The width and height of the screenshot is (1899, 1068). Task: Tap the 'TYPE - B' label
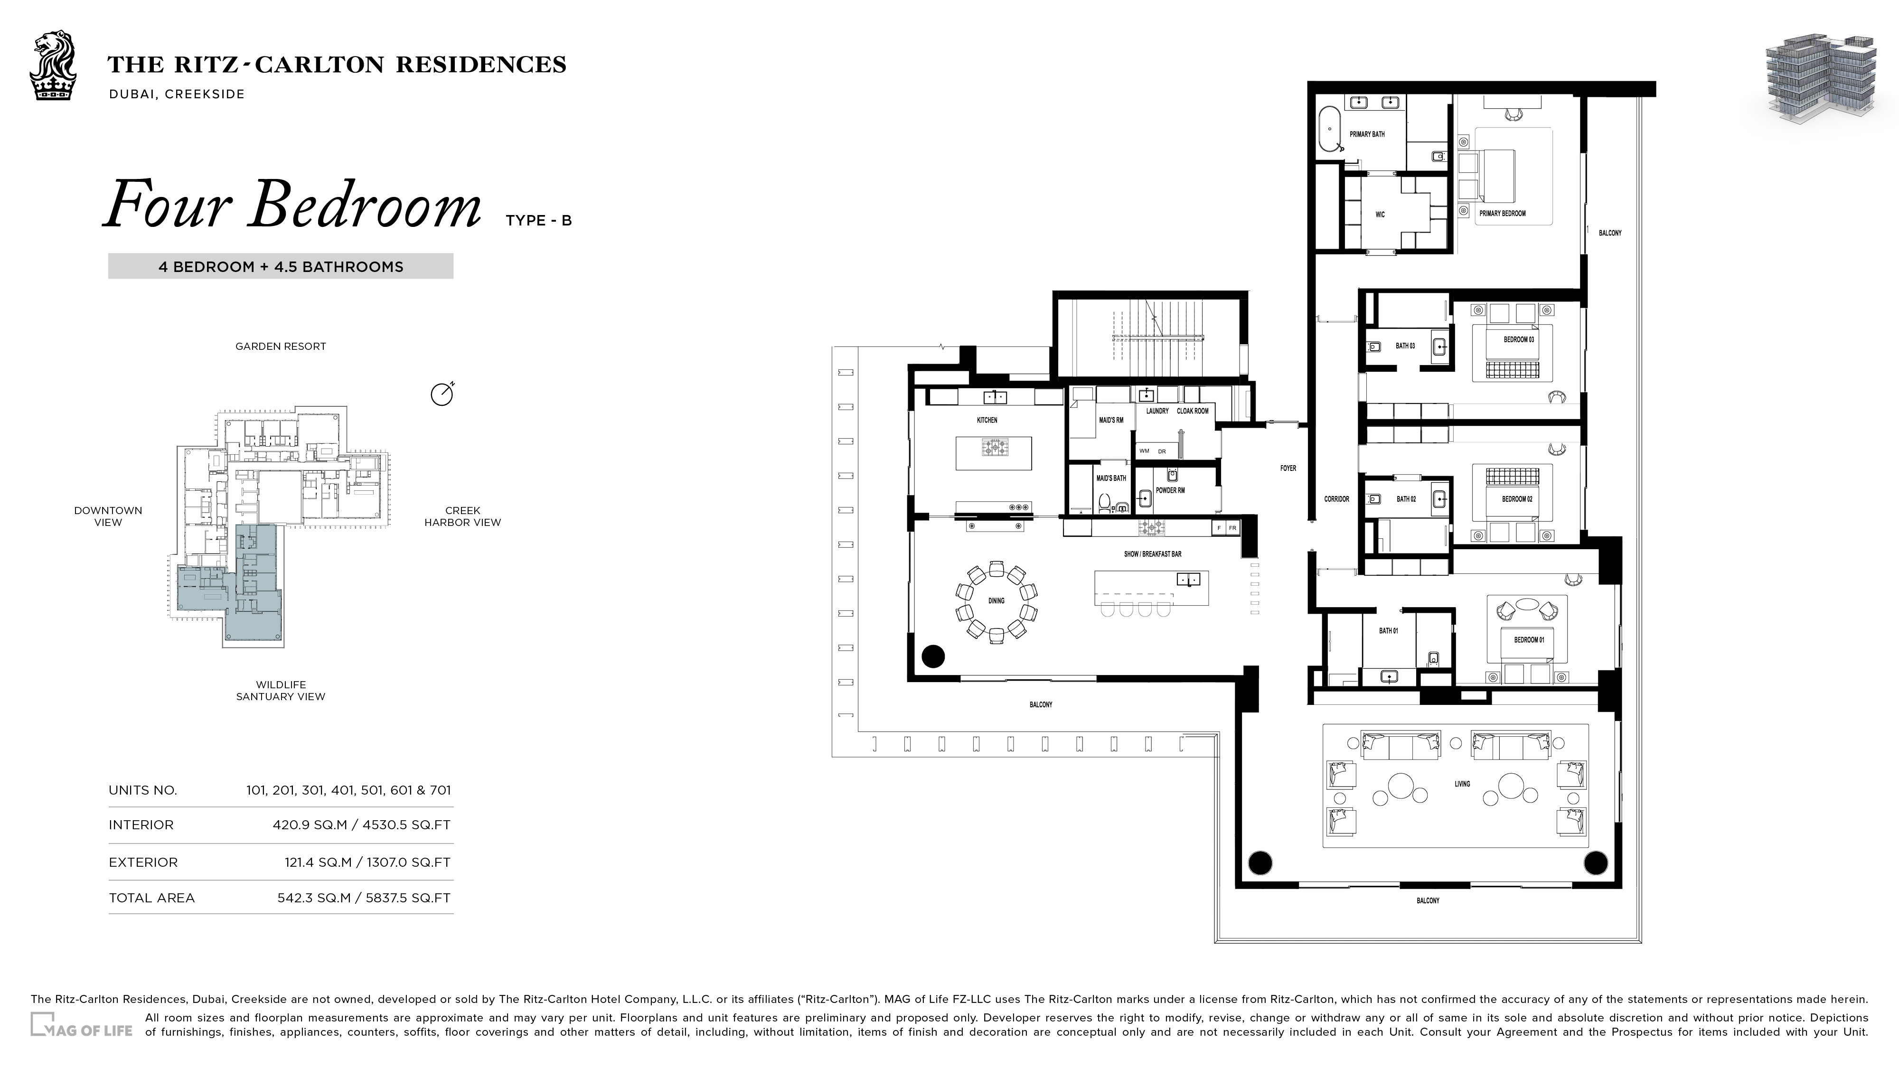pos(539,220)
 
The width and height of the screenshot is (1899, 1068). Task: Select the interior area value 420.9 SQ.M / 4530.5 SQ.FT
pos(361,825)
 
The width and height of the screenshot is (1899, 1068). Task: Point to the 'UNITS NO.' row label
pos(143,790)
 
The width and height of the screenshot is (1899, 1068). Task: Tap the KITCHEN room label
pos(987,420)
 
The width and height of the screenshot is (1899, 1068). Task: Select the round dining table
pos(996,601)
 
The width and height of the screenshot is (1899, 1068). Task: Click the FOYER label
pos(1288,468)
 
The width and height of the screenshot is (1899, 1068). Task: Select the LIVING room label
pos(1462,784)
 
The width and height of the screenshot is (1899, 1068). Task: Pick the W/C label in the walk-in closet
pos(1380,215)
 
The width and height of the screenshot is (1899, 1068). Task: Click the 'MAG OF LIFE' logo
pos(82,1025)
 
